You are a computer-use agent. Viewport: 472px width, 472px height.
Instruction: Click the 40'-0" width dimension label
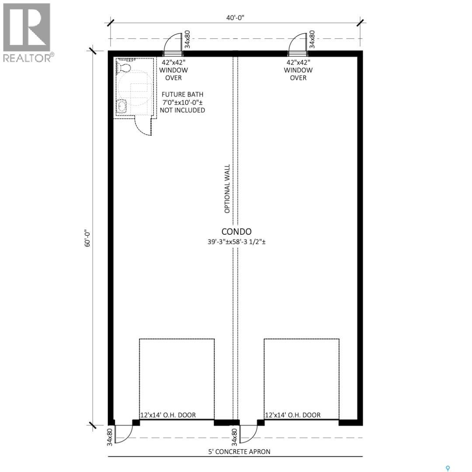coord(235,18)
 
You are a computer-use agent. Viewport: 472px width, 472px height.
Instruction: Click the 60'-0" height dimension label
coord(87,239)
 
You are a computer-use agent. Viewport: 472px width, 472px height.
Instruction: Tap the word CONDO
coord(236,232)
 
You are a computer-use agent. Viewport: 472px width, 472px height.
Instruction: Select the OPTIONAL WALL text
coord(227,189)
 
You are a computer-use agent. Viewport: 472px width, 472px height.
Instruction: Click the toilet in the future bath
coord(123,67)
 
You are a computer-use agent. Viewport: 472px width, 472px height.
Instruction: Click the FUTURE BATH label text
coord(182,94)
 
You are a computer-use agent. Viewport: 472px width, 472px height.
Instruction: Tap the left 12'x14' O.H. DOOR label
coord(168,415)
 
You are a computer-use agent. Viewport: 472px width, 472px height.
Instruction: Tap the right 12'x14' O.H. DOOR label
coord(292,415)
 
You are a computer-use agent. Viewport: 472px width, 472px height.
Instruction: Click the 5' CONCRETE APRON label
coord(239,451)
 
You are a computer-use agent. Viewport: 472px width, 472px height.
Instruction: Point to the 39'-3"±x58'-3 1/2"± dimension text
coord(236,242)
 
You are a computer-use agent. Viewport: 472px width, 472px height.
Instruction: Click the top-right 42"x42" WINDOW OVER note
coord(298,70)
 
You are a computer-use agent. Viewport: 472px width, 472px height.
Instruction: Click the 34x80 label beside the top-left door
coord(187,39)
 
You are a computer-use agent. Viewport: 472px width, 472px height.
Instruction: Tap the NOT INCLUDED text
coord(182,110)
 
